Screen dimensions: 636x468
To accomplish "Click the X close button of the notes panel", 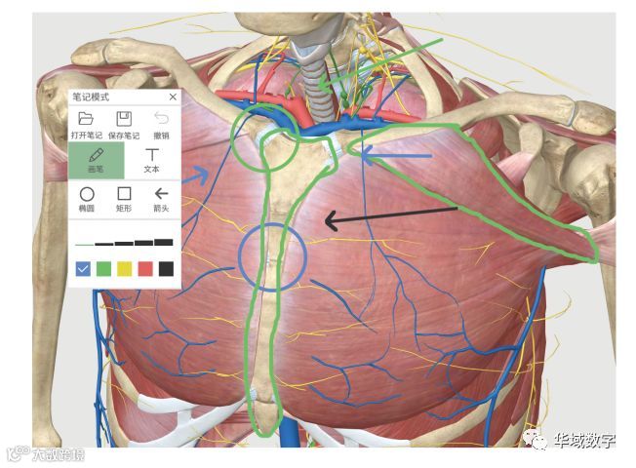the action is tap(173, 97).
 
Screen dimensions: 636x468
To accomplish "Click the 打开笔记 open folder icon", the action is tap(86, 119).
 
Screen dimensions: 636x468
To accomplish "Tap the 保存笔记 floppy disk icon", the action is tap(124, 119).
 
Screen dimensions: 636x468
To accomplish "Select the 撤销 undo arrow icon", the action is tap(162, 119).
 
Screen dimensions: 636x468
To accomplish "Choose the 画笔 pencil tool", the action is tap(97, 155).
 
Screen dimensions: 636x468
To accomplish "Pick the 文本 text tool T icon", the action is tap(151, 155).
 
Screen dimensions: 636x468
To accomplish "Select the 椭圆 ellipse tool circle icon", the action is tap(86, 194).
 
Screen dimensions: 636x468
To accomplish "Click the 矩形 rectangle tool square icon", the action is tap(124, 194).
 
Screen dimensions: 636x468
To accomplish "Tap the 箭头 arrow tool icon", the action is tap(162, 194).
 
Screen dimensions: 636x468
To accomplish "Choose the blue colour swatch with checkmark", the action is tap(83, 268).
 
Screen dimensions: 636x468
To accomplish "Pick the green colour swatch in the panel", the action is tap(103, 268).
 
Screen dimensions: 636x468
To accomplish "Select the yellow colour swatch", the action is tap(124, 268).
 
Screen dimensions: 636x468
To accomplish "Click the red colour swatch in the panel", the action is tap(145, 268).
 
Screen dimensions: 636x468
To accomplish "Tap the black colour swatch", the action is tap(166, 268).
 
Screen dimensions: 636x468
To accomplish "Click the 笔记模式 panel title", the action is tap(93, 97).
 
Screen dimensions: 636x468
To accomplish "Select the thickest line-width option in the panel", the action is tap(163, 241).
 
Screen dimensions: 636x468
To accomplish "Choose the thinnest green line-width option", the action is tap(84, 244).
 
